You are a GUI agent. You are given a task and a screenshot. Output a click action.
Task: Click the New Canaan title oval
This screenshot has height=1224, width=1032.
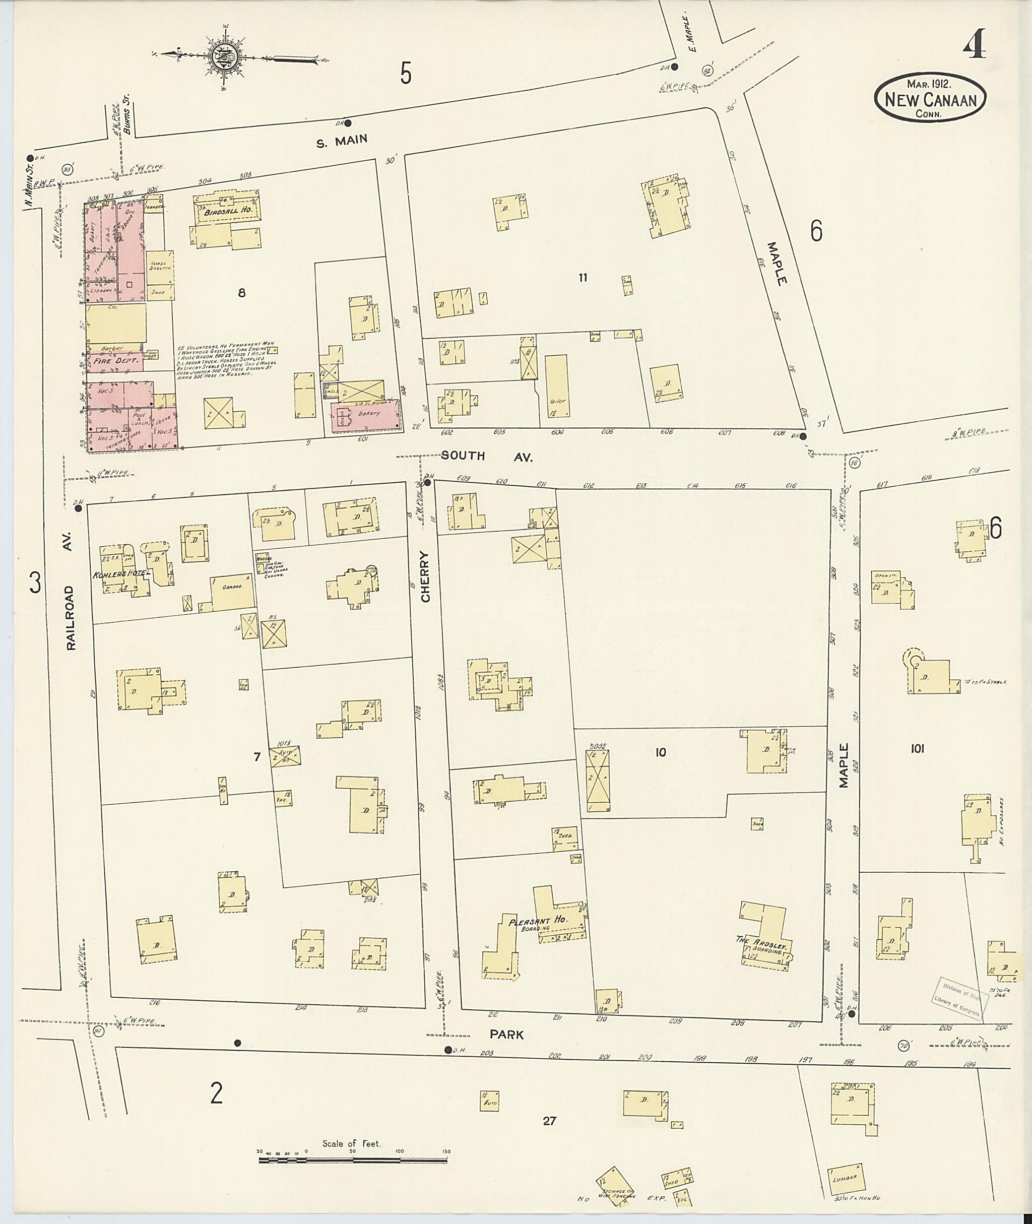[930, 98]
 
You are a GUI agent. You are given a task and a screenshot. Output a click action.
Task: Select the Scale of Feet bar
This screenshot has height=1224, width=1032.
[353, 1159]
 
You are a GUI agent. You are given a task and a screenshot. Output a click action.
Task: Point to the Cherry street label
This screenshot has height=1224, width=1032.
[425, 576]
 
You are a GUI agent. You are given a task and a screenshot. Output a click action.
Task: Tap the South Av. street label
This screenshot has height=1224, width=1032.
[487, 457]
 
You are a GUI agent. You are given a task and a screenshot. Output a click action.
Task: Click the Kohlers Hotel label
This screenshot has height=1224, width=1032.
[121, 574]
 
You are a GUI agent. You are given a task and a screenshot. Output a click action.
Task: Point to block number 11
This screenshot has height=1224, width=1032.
[582, 277]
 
